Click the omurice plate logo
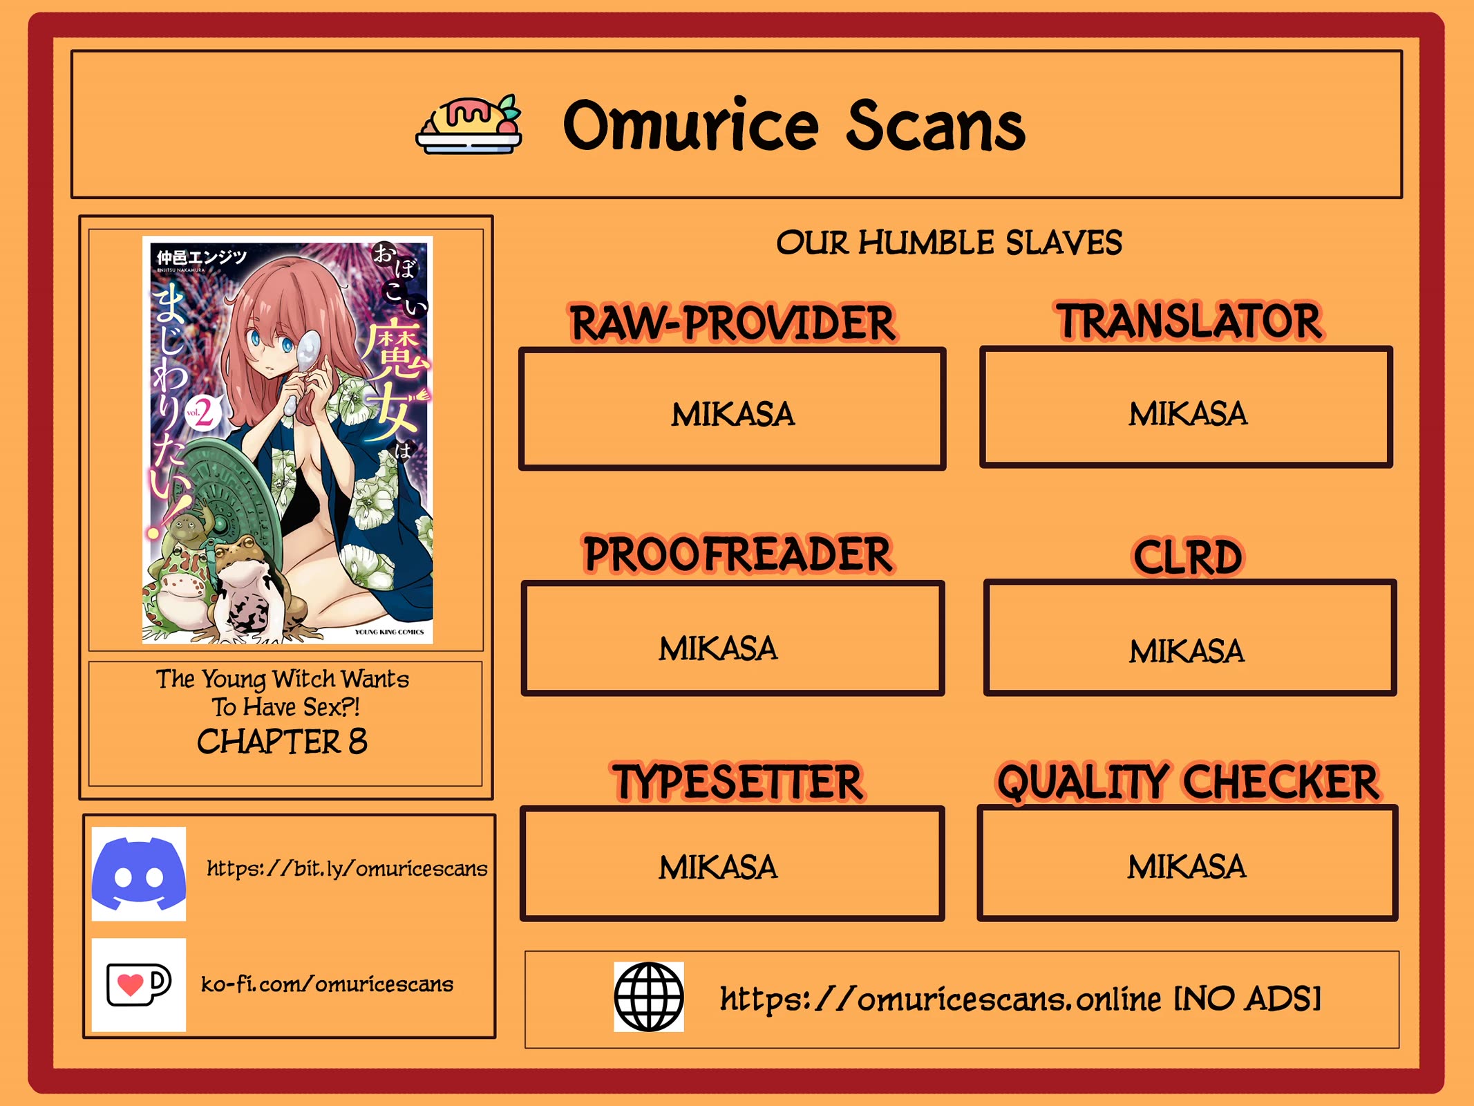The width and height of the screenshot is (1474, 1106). click(x=469, y=124)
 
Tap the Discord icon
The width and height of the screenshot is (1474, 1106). click(x=139, y=874)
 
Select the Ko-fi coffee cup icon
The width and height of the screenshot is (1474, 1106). click(x=139, y=984)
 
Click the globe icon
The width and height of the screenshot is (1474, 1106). click(x=649, y=997)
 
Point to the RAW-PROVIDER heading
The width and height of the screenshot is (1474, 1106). click(x=733, y=323)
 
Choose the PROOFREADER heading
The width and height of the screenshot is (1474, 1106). click(x=737, y=554)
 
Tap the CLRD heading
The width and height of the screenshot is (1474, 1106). click(x=1188, y=557)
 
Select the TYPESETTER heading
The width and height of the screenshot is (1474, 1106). click(x=737, y=782)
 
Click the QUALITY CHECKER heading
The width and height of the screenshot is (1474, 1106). click(x=1188, y=782)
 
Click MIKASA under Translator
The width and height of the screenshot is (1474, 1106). click(x=1188, y=414)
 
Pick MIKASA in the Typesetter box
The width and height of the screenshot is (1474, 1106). click(x=718, y=868)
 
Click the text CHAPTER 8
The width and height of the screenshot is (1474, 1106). click(x=282, y=742)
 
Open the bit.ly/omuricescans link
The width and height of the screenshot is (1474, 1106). click(x=347, y=868)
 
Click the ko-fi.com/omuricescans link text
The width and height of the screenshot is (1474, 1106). click(x=327, y=984)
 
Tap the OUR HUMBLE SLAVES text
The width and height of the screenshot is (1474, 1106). click(x=949, y=243)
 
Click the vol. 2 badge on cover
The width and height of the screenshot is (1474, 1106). click(x=202, y=413)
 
